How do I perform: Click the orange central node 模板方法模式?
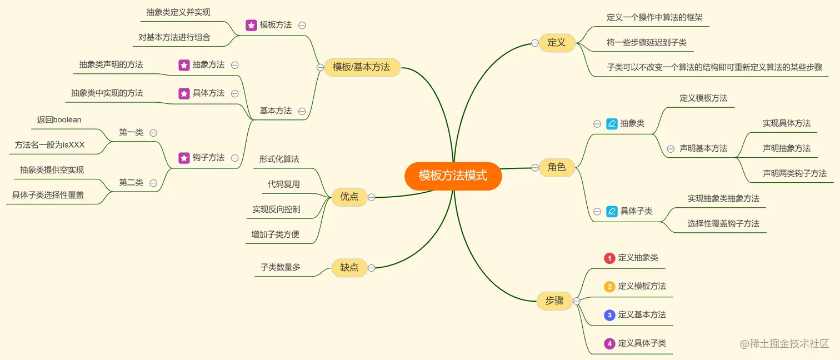tap(453, 176)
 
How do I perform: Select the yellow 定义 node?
tap(556, 43)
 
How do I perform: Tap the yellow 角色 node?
tap(556, 167)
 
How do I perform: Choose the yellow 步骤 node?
tap(554, 301)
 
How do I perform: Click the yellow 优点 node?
tap(349, 197)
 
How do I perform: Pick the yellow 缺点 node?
tap(349, 267)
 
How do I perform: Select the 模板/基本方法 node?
tap(362, 67)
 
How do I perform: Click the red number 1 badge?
tap(609, 258)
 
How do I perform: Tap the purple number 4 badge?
tap(609, 343)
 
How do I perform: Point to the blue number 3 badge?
tap(609, 315)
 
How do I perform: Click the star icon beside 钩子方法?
tap(184, 158)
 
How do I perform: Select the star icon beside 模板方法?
tap(251, 25)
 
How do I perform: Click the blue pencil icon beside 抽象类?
tap(612, 123)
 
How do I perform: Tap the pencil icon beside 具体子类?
tap(612, 211)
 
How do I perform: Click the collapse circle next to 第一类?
tap(153, 133)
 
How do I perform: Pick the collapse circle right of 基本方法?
tap(302, 111)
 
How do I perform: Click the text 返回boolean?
tap(59, 119)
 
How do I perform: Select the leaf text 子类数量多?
tap(281, 267)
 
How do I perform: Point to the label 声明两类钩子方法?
tap(794, 173)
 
